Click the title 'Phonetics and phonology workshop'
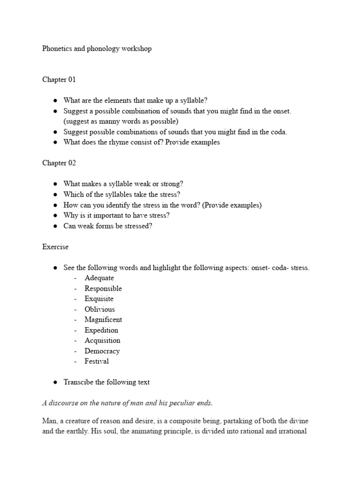[x=97, y=49]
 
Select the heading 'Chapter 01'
[x=59, y=80]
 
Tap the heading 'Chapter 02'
[x=59, y=163]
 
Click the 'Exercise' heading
[x=55, y=247]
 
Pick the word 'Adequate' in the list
[x=99, y=278]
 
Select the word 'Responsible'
[x=103, y=288]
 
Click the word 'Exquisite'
[x=99, y=299]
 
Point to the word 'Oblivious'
[x=99, y=309]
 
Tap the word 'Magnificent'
[x=103, y=320]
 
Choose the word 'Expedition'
[x=101, y=330]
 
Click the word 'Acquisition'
[x=102, y=340]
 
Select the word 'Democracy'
[x=102, y=351]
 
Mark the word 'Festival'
[x=97, y=361]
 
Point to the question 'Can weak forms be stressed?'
[x=108, y=226]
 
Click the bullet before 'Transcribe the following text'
[x=55, y=382]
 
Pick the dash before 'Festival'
[x=75, y=361]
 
